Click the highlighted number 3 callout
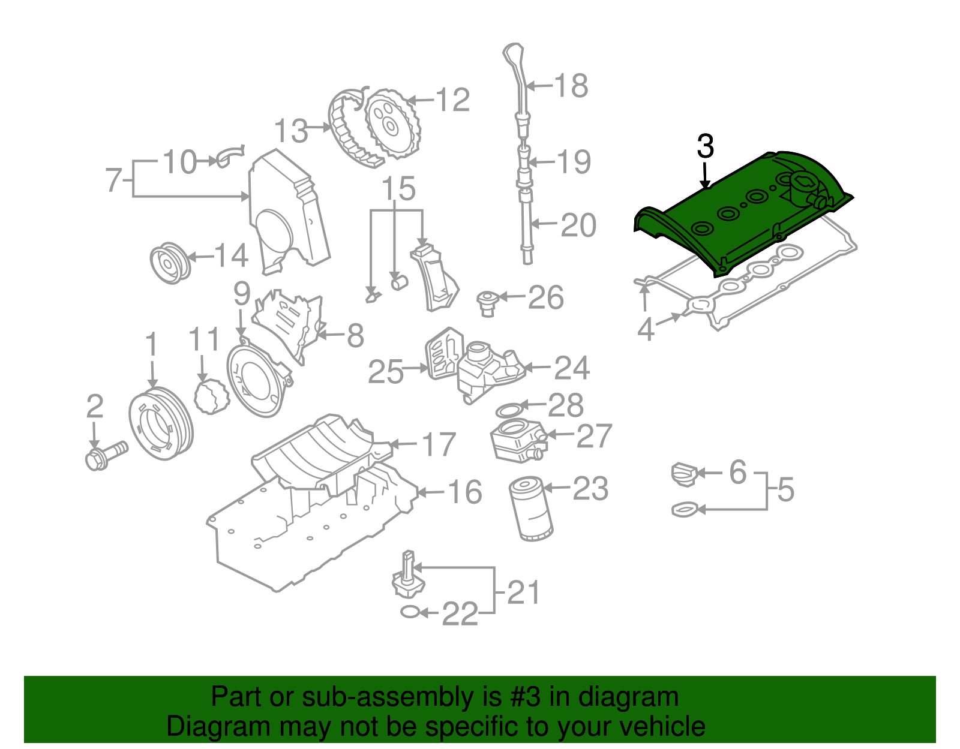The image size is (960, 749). (x=706, y=147)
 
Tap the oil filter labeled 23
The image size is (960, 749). (x=530, y=508)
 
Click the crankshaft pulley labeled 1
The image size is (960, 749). (x=161, y=424)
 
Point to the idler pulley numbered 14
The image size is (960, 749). (x=170, y=263)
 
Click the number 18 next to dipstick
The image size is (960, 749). (x=571, y=86)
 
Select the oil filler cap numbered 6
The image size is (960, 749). (x=683, y=474)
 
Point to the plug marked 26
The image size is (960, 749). (x=487, y=302)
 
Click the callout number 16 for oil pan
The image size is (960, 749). (x=465, y=492)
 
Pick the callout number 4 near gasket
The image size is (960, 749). (x=645, y=329)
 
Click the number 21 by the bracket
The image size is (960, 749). (x=523, y=592)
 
